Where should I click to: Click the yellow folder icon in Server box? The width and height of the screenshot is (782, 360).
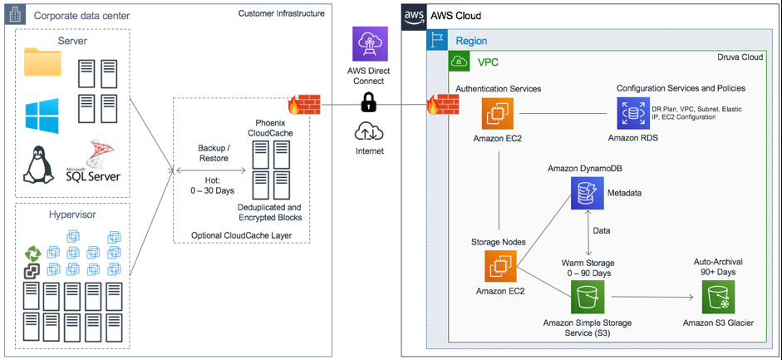pyautogui.click(x=42, y=63)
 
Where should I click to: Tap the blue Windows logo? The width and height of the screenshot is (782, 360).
pyautogui.click(x=42, y=115)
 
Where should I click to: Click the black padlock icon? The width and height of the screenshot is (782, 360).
pyautogui.click(x=369, y=104)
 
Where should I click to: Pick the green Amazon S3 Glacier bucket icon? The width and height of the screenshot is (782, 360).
pyautogui.click(x=719, y=297)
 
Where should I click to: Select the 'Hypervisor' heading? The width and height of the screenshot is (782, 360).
pyautogui.click(x=73, y=214)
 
